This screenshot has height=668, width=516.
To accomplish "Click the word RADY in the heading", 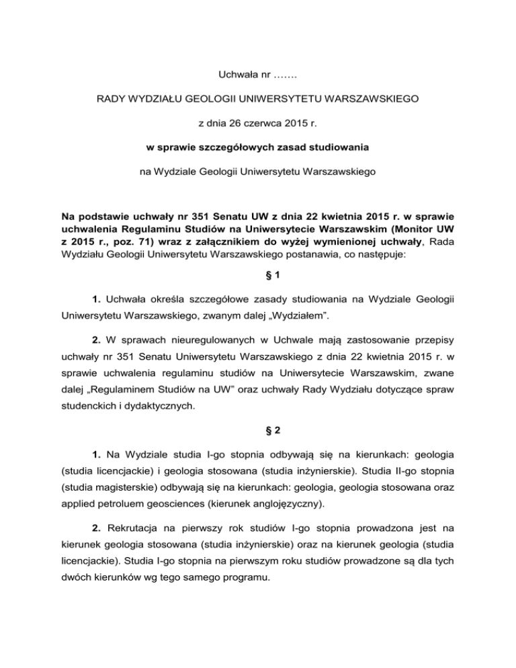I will coord(112,99).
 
